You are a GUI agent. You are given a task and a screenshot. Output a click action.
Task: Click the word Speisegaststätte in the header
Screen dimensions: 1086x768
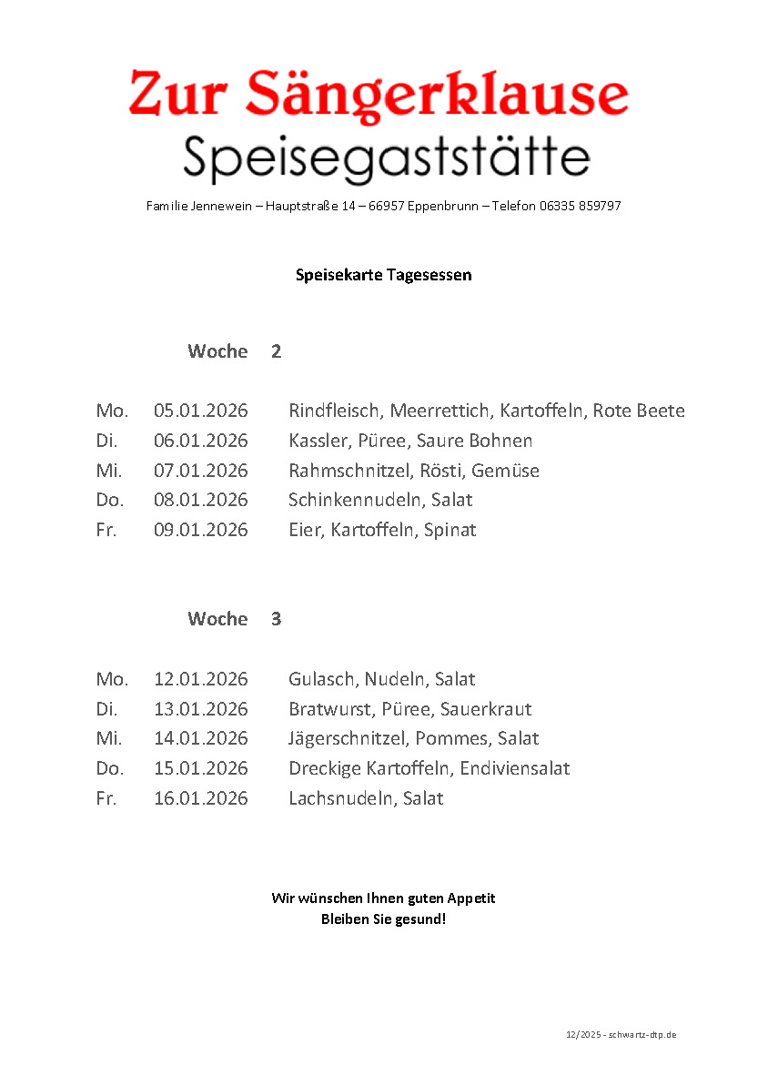(x=386, y=158)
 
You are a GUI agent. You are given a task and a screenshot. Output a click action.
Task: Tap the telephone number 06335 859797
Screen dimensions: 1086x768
(x=580, y=207)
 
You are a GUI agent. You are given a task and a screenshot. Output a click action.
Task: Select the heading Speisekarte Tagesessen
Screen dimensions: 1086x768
(x=383, y=274)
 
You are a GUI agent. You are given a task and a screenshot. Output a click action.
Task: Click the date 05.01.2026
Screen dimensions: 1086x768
(x=200, y=411)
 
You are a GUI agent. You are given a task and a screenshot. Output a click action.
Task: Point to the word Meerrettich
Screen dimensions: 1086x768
(x=440, y=411)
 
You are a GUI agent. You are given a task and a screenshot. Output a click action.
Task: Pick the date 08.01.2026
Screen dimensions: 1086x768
(x=200, y=500)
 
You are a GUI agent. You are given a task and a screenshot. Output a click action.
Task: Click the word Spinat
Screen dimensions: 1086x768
(x=450, y=530)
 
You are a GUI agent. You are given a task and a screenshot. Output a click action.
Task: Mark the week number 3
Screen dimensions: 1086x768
(x=276, y=619)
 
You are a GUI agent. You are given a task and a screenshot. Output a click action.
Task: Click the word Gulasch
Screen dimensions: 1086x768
(x=322, y=679)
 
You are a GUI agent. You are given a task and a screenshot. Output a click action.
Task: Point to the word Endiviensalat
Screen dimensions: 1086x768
(x=514, y=768)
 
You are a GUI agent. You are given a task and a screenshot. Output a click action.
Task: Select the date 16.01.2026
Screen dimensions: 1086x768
(x=200, y=798)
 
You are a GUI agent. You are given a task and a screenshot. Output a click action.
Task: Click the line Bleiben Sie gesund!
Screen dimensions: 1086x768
(x=383, y=919)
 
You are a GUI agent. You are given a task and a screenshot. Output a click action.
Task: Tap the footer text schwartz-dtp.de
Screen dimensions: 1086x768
(x=642, y=1035)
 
